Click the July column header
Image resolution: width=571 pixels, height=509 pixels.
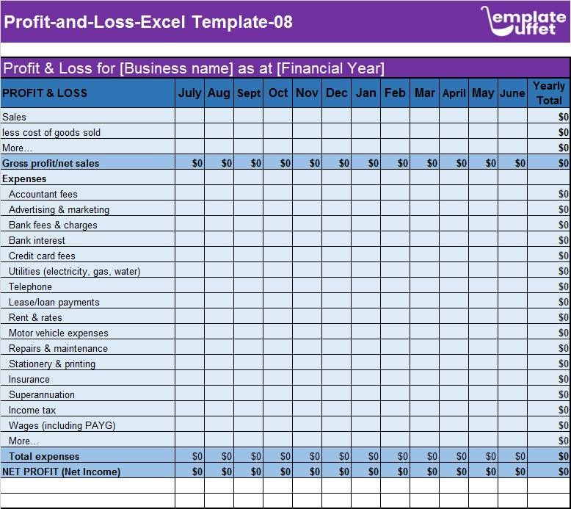pyautogui.click(x=189, y=93)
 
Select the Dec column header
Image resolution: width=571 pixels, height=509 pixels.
pyautogui.click(x=336, y=93)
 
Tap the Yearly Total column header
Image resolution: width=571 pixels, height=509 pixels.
pyautogui.click(x=549, y=93)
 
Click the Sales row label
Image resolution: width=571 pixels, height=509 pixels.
pyautogui.click(x=15, y=117)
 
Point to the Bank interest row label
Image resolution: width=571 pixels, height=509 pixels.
pyautogui.click(x=37, y=240)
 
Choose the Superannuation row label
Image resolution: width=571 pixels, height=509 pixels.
pyautogui.click(x=42, y=394)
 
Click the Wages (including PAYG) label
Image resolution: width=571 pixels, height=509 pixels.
pyautogui.click(x=62, y=425)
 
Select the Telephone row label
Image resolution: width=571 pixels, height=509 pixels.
pyautogui.click(x=30, y=286)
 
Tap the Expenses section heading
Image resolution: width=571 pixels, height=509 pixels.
pyautogui.click(x=24, y=178)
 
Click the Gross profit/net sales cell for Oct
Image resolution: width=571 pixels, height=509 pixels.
pyautogui.click(x=278, y=163)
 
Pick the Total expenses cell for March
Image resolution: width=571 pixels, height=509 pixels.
pyautogui.click(x=425, y=456)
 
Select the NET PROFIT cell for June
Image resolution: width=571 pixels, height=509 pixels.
pyautogui.click(x=512, y=472)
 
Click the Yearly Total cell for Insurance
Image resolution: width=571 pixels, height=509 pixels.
pyautogui.click(x=549, y=379)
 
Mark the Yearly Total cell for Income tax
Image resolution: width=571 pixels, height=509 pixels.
pyautogui.click(x=549, y=410)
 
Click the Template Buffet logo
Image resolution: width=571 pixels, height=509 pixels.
pyautogui.click(x=523, y=21)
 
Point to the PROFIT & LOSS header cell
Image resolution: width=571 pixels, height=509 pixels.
pyautogui.click(x=45, y=93)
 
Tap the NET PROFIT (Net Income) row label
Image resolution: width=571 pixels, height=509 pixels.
pyautogui.click(x=62, y=472)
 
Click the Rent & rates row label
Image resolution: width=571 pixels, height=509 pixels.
pyautogui.click(x=35, y=317)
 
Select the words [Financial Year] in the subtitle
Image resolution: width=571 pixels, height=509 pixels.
pyautogui.click(x=330, y=68)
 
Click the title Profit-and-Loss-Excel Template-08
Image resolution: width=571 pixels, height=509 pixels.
pyautogui.click(x=148, y=22)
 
